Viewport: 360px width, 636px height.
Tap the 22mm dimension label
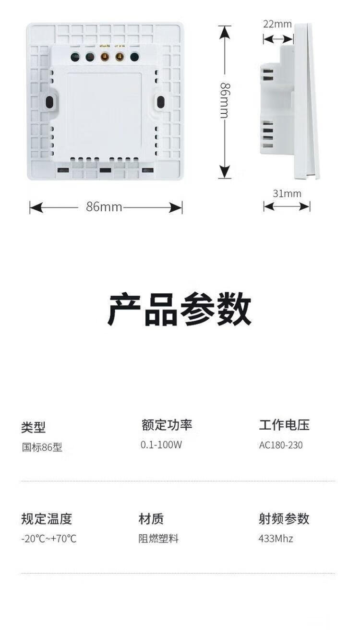277,24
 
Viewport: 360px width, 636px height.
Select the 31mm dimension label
287,193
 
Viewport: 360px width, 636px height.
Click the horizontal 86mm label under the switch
104,207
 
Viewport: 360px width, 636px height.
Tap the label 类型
33,427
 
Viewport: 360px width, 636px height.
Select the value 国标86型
42,447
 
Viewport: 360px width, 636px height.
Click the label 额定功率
167,424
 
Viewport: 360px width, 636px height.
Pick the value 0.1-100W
161,444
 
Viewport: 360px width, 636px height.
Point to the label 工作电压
284,424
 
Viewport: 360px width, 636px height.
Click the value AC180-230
281,445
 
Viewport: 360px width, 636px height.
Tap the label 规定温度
46,518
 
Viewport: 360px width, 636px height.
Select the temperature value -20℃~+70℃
48,539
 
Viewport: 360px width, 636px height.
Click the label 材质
151,518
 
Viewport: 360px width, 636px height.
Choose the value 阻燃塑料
158,539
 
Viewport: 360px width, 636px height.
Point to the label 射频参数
284,518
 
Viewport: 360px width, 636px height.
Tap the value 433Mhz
276,539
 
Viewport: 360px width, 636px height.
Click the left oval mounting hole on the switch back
49,102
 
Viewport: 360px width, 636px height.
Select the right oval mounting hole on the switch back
161,102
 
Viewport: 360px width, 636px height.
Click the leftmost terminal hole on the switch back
75,58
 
